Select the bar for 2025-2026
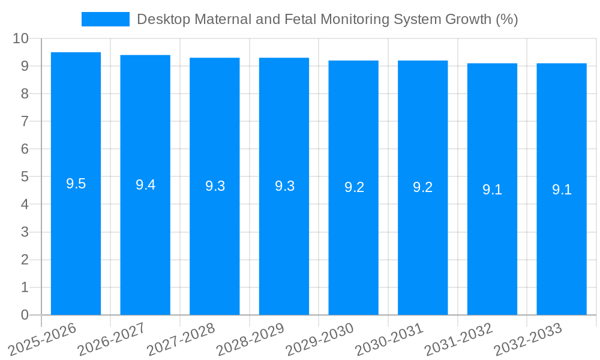click(x=76, y=240)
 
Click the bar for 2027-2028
click(x=215, y=240)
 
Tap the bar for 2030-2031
click(x=423, y=240)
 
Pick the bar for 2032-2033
click(x=562, y=240)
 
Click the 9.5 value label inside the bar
click(x=76, y=184)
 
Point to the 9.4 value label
click(x=145, y=185)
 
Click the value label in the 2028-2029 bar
click(x=284, y=186)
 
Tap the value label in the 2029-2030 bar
click(x=354, y=187)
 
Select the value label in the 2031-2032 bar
click(x=492, y=190)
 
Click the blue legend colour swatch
click(x=106, y=19)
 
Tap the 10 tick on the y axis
click(x=20, y=38)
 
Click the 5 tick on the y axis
click(x=25, y=177)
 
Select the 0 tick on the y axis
click(x=25, y=315)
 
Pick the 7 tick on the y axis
click(x=25, y=121)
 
